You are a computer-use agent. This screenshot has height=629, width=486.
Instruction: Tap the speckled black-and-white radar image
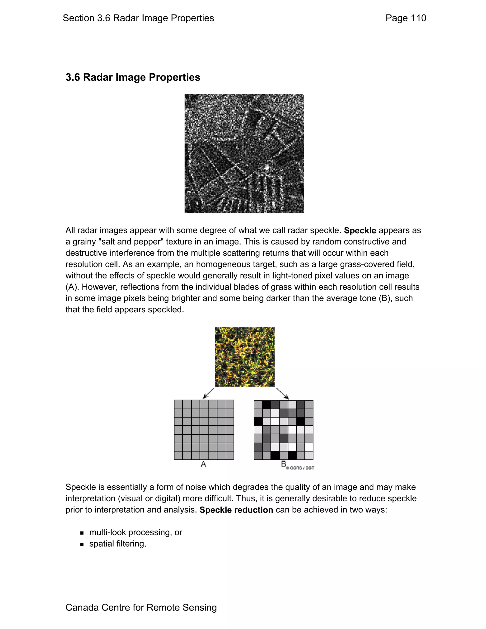click(244, 154)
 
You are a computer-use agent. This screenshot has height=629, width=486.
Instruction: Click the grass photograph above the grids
click(244, 357)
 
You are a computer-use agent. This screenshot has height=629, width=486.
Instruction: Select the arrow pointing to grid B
click(282, 393)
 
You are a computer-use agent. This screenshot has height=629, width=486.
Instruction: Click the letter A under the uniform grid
click(203, 464)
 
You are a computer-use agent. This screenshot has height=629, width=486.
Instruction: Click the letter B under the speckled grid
click(284, 464)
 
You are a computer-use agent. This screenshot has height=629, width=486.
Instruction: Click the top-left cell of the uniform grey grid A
click(178, 404)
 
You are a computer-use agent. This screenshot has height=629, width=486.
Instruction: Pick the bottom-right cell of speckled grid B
click(309, 455)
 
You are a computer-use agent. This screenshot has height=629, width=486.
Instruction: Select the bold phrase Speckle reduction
click(236, 510)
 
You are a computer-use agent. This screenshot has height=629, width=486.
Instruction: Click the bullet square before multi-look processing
click(82, 533)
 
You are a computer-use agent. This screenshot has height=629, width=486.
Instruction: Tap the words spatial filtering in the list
click(117, 544)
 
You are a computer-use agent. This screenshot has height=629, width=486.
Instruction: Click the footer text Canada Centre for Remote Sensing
click(141, 607)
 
